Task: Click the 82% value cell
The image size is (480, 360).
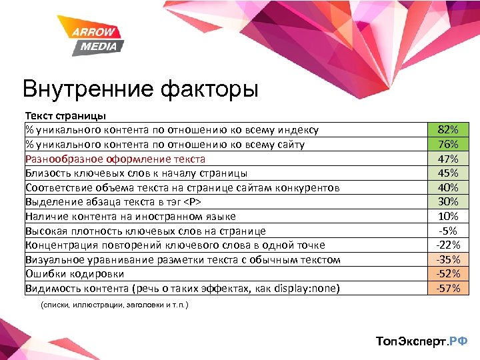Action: pyautogui.click(x=448, y=130)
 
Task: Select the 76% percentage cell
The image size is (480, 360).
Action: pyautogui.click(x=448, y=145)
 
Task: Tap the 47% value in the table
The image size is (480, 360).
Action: pyautogui.click(x=448, y=159)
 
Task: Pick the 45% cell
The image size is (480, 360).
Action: pyautogui.click(x=448, y=173)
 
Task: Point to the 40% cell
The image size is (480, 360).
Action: pyautogui.click(x=448, y=187)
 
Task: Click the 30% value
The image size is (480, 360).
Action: pyautogui.click(x=448, y=202)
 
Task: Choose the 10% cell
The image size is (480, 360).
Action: pyautogui.click(x=448, y=216)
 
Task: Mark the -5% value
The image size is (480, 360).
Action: pyautogui.click(x=448, y=231)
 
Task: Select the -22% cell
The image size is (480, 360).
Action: pyautogui.click(x=448, y=245)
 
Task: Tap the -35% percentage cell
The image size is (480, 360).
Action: pyautogui.click(x=448, y=259)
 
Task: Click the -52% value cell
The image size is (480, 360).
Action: pyautogui.click(x=448, y=273)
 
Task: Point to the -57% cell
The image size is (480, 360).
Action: pyautogui.click(x=448, y=288)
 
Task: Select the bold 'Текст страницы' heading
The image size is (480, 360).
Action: pyautogui.click(x=65, y=116)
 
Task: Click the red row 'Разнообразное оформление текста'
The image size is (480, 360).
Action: pyautogui.click(x=115, y=159)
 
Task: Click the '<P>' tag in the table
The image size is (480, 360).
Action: pyautogui.click(x=191, y=202)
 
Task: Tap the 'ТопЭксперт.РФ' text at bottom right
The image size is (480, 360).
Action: pyautogui.click(x=421, y=341)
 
